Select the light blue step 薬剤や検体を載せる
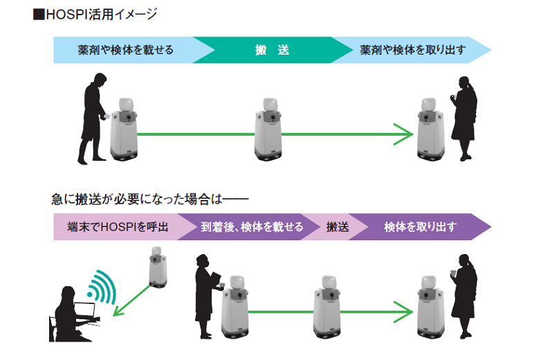tap(125, 51)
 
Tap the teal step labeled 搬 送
tap(272, 51)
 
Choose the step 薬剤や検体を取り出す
tap(413, 51)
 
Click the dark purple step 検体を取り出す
tap(420, 227)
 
